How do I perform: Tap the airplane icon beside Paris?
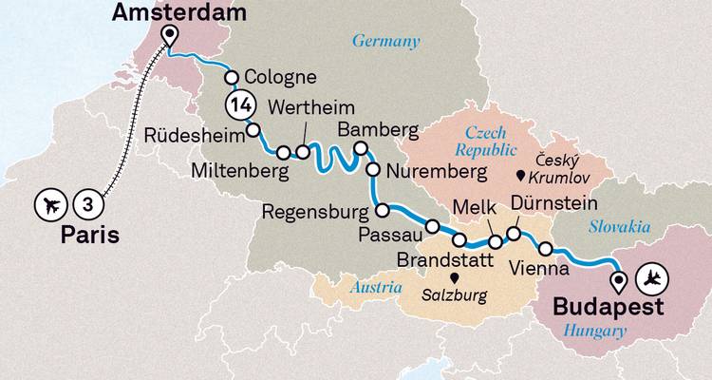pos(50,203)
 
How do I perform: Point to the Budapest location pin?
pos(619,281)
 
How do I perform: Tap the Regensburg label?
pos(315,210)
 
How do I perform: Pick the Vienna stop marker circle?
pos(546,249)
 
